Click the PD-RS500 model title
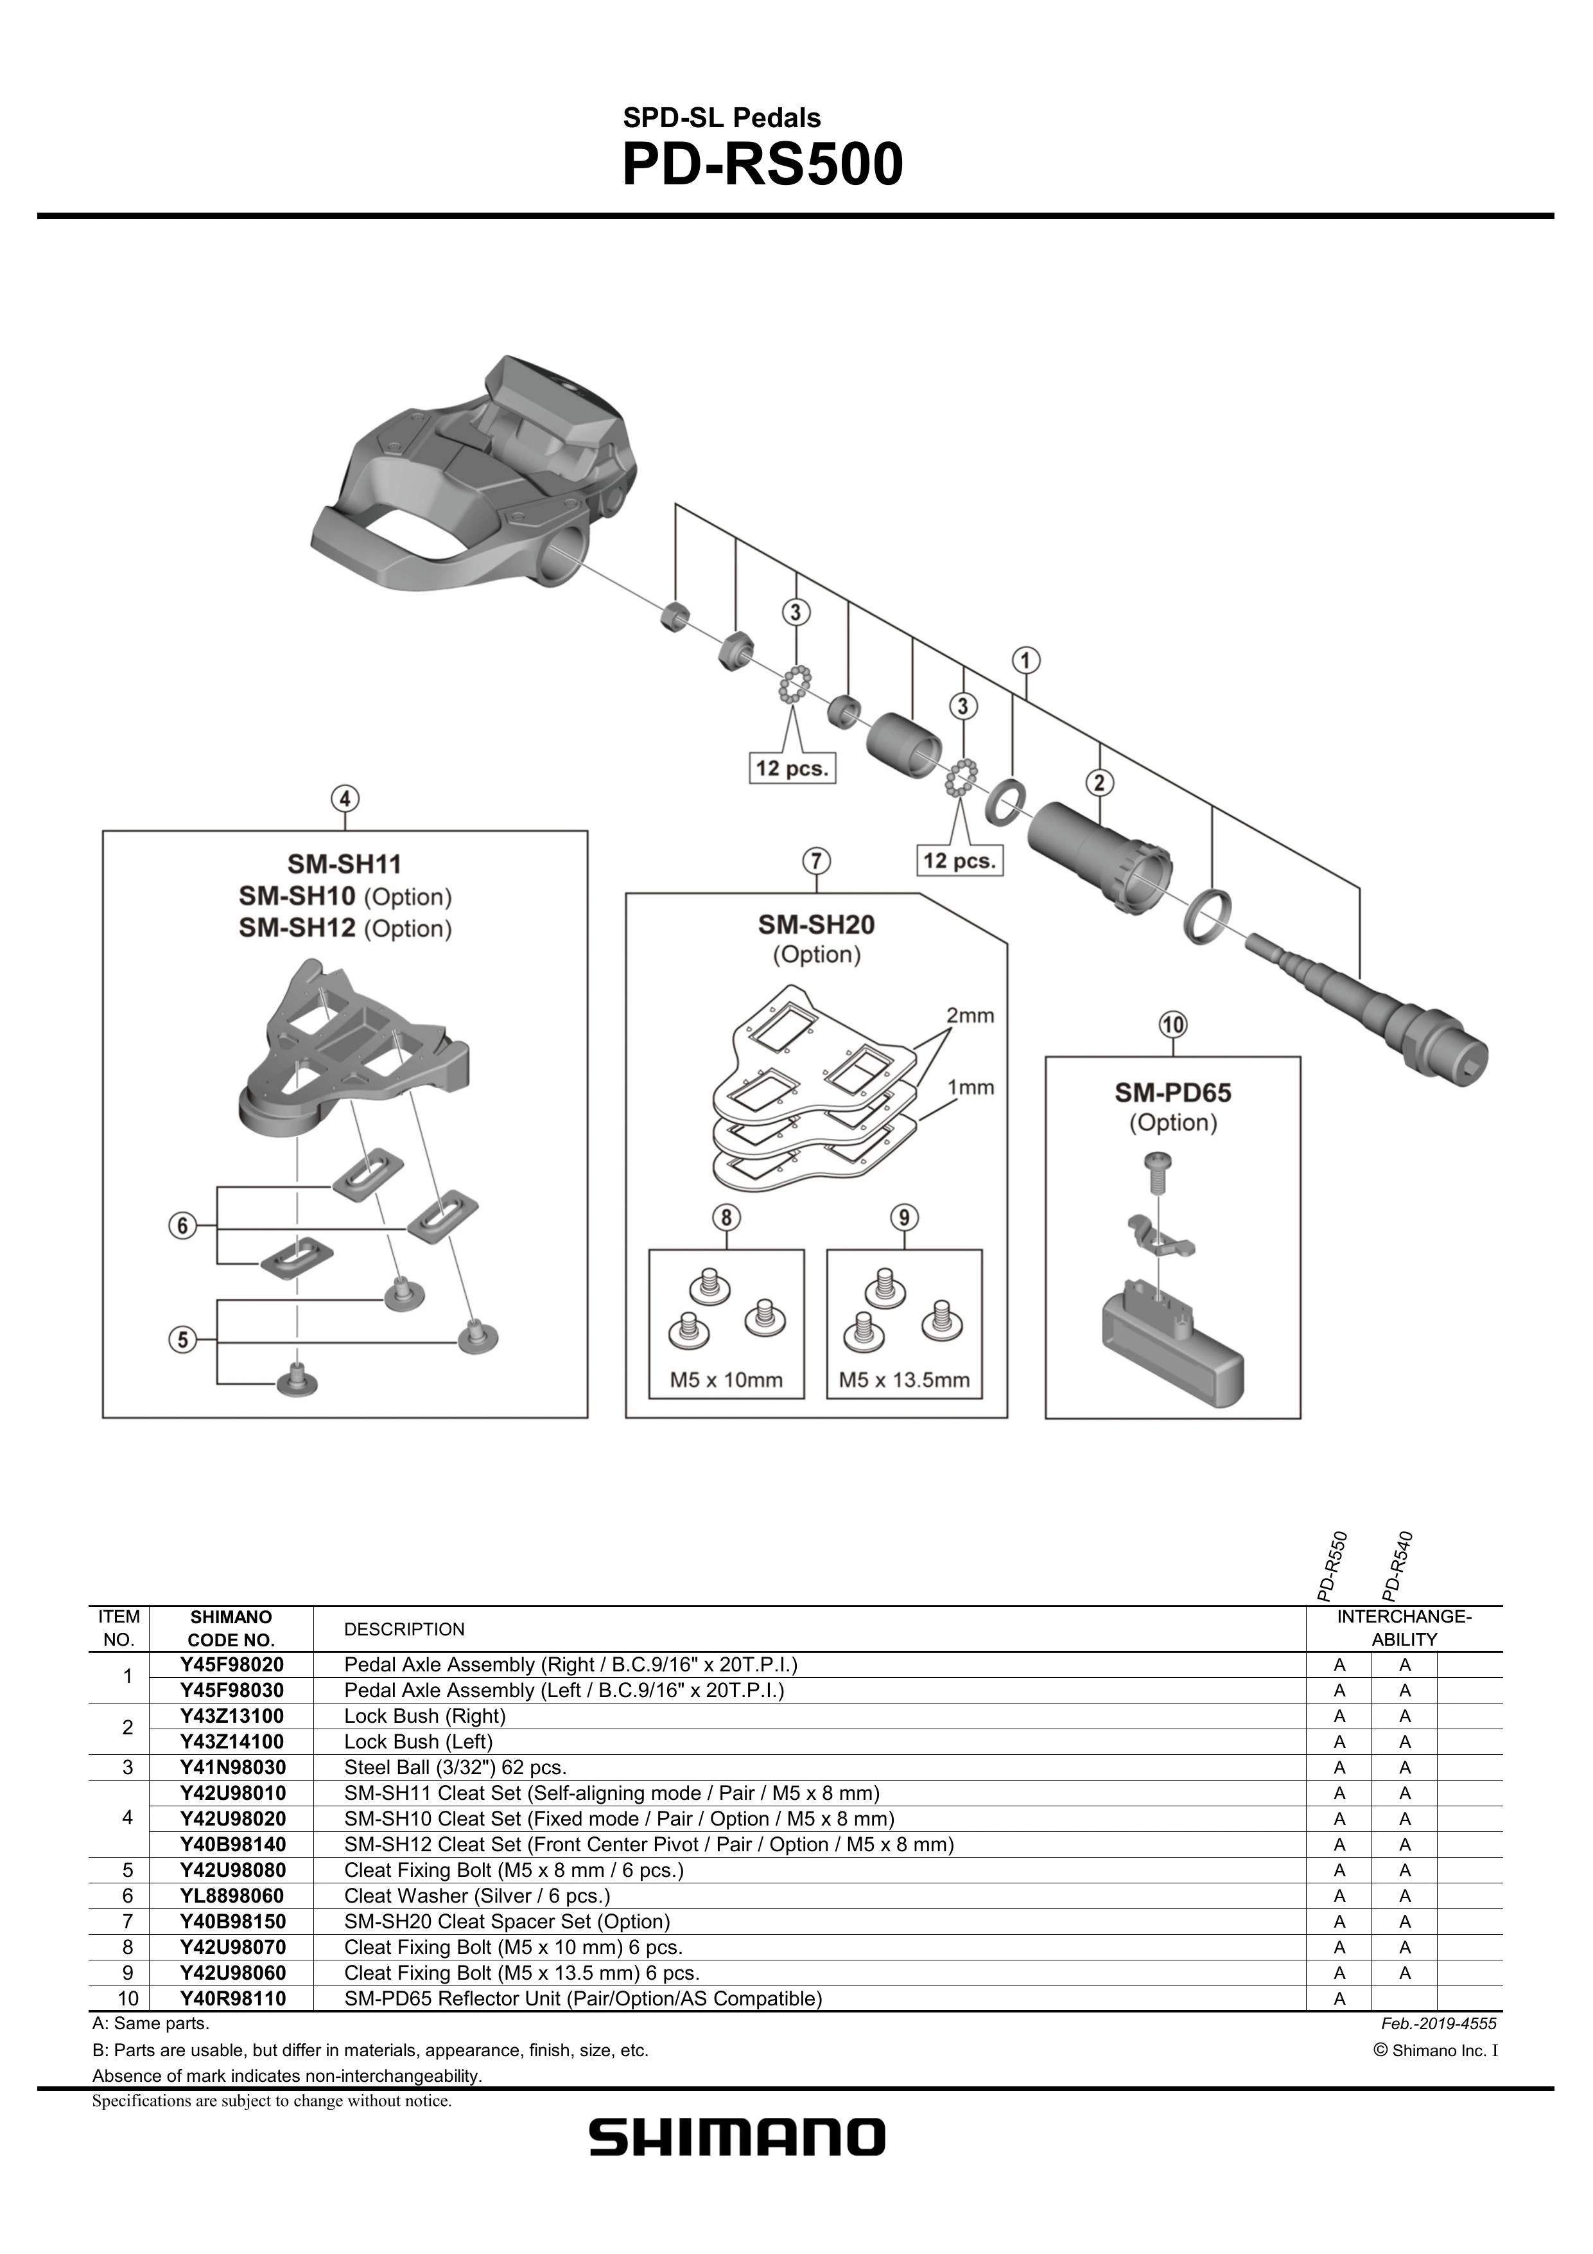763,165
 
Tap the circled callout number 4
345,799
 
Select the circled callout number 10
1173,1025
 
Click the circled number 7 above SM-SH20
815,861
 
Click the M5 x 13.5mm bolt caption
904,1379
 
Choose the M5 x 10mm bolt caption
726,1379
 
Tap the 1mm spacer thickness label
970,1087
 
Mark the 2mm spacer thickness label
970,1015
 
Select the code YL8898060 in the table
232,1896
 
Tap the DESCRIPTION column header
405,1628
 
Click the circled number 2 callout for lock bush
1099,782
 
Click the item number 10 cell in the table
126,1998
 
